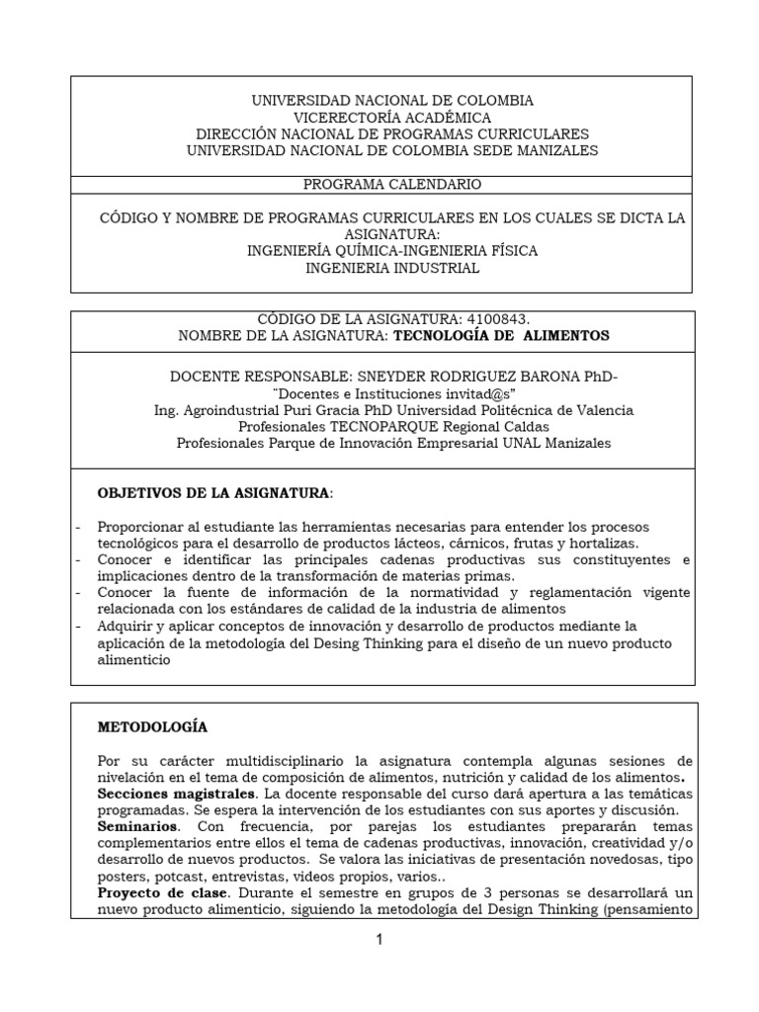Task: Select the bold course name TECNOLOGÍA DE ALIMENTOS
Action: click(502, 336)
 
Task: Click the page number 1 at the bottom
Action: click(380, 940)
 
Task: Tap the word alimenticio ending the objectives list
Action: click(133, 661)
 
